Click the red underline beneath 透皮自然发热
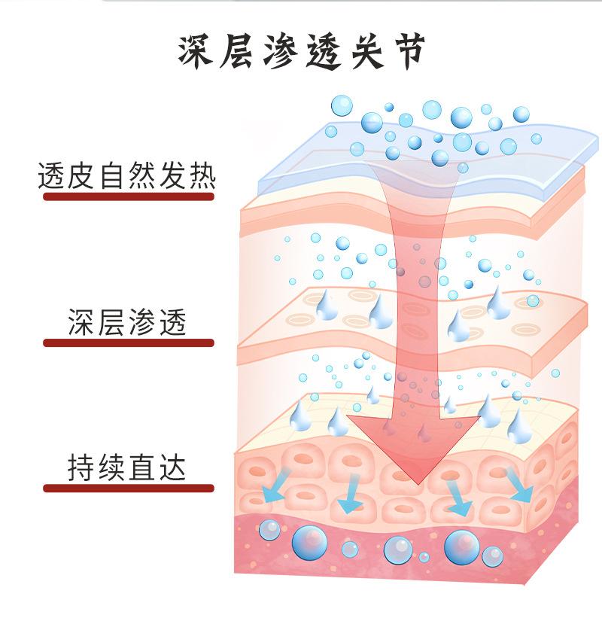pyautogui.click(x=129, y=196)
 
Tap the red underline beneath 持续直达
pyautogui.click(x=129, y=488)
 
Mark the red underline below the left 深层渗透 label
pyautogui.click(x=129, y=343)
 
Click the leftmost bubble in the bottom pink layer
pyautogui.click(x=268, y=530)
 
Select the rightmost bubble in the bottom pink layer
pyautogui.click(x=493, y=556)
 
